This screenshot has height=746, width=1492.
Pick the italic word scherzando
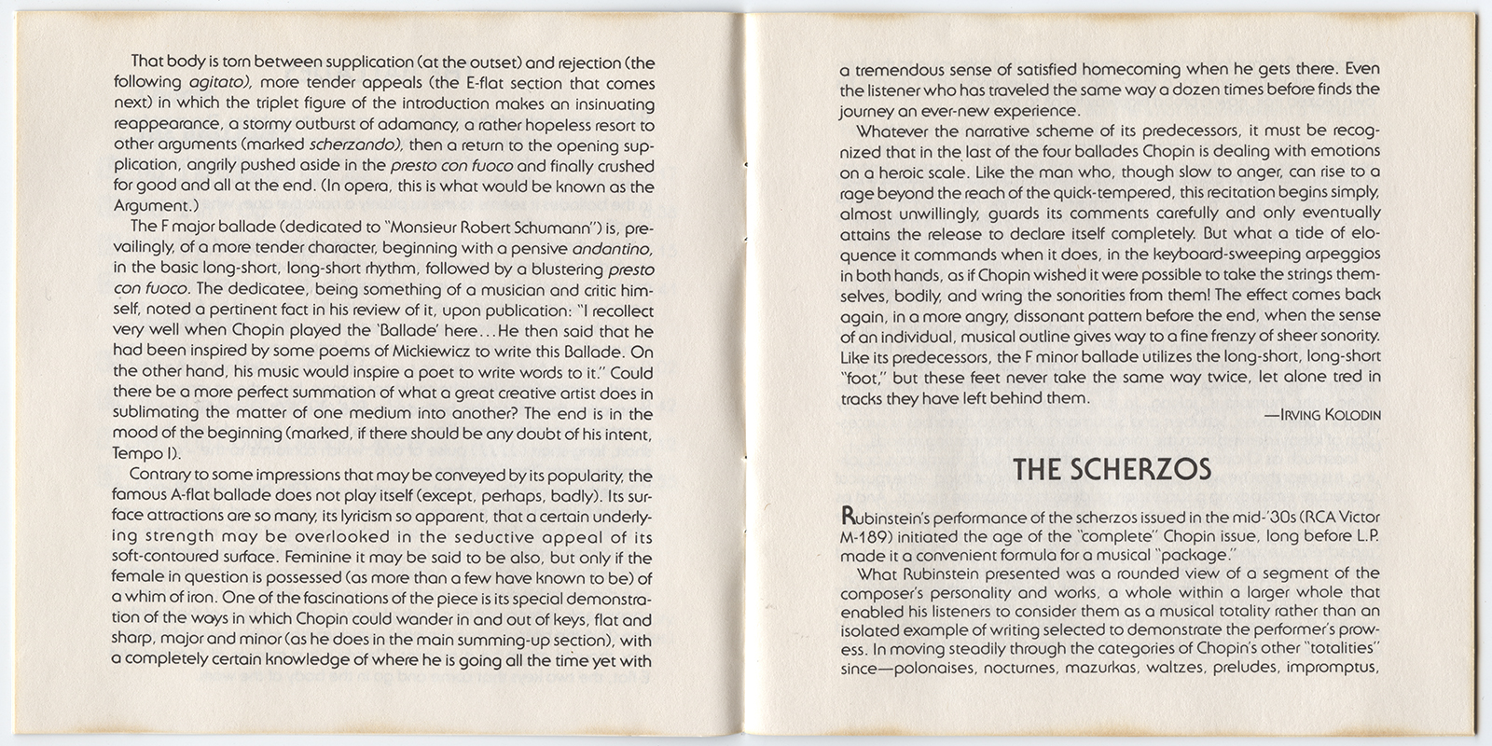pos(354,145)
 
